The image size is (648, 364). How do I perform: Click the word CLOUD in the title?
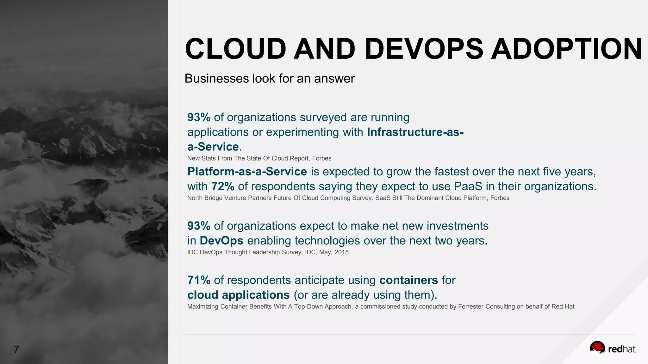click(236, 49)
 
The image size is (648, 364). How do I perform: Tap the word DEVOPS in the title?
click(424, 49)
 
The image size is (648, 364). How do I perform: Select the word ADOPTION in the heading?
click(566, 49)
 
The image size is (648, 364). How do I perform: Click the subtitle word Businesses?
click(216, 78)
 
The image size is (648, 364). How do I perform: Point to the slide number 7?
click(16, 349)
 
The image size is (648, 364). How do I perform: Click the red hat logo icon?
click(597, 348)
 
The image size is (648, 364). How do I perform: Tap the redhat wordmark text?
click(622, 349)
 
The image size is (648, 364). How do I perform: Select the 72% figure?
click(223, 186)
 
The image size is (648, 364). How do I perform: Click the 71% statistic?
click(199, 280)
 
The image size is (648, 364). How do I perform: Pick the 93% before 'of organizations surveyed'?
click(199, 117)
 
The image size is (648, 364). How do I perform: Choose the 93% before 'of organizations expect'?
click(199, 226)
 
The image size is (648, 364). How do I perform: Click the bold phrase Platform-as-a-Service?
click(247, 172)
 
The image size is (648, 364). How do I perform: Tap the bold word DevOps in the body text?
click(221, 241)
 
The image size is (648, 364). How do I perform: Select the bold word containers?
click(408, 280)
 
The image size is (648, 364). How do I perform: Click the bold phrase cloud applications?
click(238, 295)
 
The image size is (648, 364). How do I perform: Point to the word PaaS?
click(468, 186)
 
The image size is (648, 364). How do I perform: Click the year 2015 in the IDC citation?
click(341, 252)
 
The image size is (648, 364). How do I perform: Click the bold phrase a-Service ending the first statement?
click(213, 147)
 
